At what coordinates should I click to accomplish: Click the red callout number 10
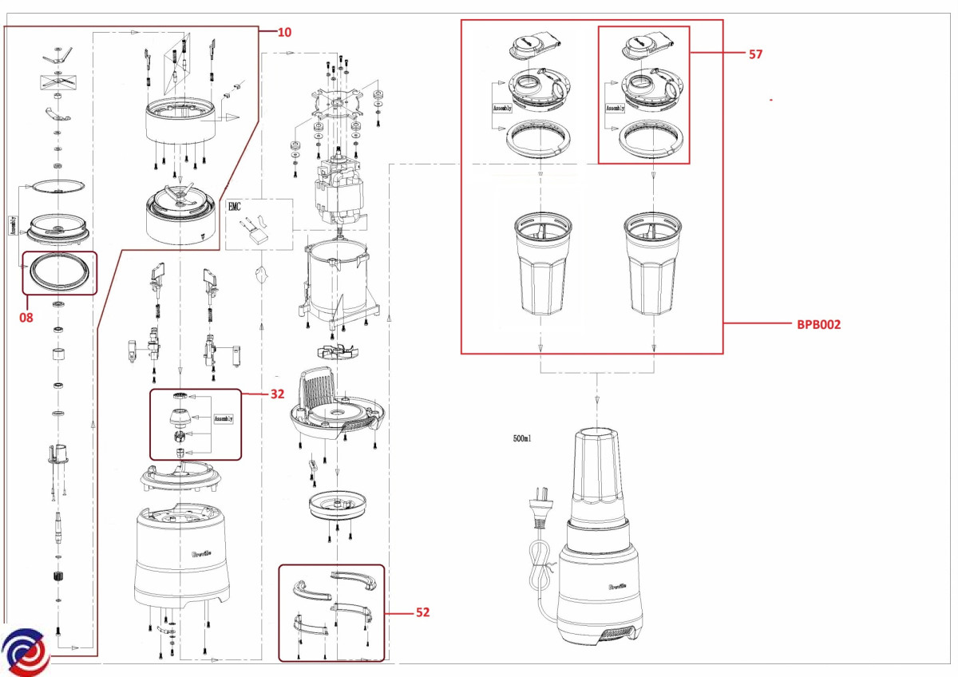click(284, 33)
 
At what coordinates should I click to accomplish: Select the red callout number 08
click(26, 317)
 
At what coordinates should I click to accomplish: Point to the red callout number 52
click(423, 613)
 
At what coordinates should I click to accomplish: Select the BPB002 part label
click(818, 324)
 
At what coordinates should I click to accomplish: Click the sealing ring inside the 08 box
click(57, 273)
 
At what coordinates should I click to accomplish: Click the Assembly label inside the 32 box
click(224, 418)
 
